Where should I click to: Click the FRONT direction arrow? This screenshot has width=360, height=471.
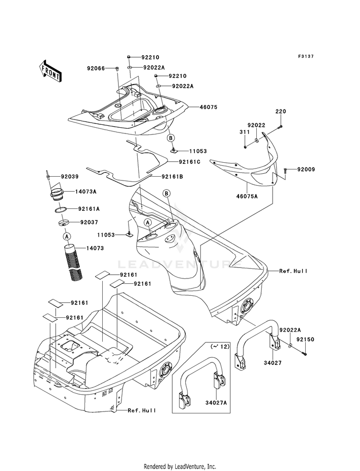click(x=50, y=71)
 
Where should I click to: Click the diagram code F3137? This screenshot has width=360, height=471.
click(x=306, y=56)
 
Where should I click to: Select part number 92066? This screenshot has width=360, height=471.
click(x=96, y=69)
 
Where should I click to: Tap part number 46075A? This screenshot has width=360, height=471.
click(x=247, y=196)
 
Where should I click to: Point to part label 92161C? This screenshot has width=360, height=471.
click(x=190, y=162)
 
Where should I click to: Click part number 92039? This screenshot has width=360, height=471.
click(x=70, y=177)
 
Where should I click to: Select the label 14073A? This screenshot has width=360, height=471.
click(x=85, y=192)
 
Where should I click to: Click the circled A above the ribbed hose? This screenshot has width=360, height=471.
click(x=67, y=236)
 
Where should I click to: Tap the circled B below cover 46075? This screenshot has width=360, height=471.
click(x=170, y=138)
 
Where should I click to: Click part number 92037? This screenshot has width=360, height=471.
click(x=89, y=223)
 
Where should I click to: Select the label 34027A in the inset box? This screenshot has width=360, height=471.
click(x=216, y=402)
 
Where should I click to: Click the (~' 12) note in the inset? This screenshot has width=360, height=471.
click(x=220, y=346)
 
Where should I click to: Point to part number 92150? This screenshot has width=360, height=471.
click(x=305, y=340)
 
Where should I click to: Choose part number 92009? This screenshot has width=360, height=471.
click(x=306, y=169)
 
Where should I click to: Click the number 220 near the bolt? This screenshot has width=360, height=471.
click(x=281, y=111)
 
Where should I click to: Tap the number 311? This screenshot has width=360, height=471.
click(x=244, y=132)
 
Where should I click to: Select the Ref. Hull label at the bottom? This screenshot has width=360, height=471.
click(x=142, y=411)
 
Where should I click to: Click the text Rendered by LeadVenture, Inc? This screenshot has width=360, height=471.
click(x=180, y=467)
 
